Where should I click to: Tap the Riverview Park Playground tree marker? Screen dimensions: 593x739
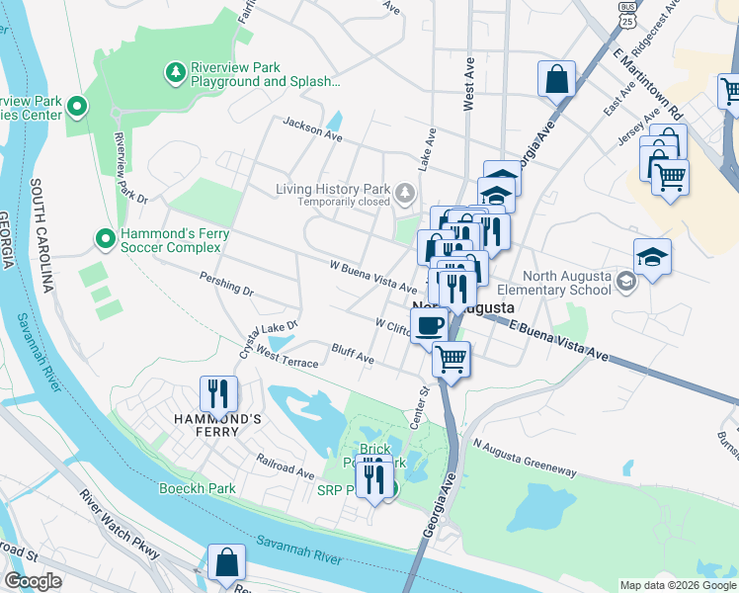(175, 72)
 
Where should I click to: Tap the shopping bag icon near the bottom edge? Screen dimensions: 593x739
(226, 561)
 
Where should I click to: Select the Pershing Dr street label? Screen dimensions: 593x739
(226, 285)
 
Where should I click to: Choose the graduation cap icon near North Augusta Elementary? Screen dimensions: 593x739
(652, 257)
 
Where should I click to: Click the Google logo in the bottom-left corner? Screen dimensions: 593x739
(33, 581)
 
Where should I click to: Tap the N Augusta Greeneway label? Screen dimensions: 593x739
(524, 460)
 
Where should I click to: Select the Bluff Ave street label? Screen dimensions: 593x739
(353, 354)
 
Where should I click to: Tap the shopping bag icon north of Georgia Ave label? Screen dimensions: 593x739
(556, 78)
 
